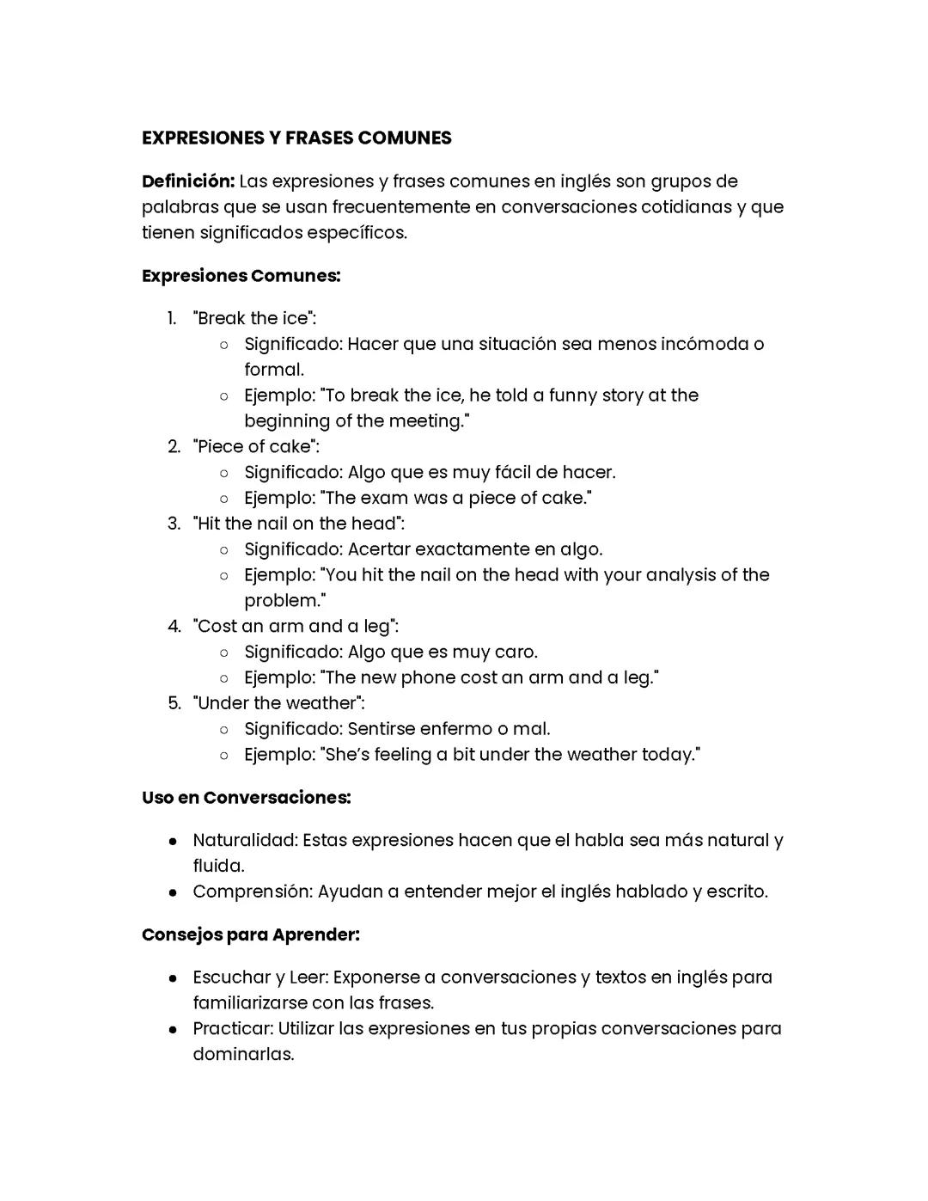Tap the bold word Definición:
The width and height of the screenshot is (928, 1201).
(188, 181)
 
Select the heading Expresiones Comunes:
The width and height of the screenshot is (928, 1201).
(241, 276)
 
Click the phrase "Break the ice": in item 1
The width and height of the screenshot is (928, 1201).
(254, 318)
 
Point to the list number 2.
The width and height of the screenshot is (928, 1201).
(174, 446)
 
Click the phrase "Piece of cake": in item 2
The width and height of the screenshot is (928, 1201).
(256, 446)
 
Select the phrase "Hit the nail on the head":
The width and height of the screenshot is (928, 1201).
(298, 524)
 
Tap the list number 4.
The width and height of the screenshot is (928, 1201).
(174, 626)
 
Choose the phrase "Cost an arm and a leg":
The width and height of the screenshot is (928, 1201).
(296, 626)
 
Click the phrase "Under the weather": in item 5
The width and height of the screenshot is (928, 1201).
(278, 703)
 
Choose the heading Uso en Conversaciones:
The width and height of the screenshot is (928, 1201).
(247, 798)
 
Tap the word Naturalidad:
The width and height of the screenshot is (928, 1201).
(245, 840)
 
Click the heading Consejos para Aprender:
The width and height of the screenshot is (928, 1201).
(251, 934)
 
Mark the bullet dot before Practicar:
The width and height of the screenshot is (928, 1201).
(174, 1029)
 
